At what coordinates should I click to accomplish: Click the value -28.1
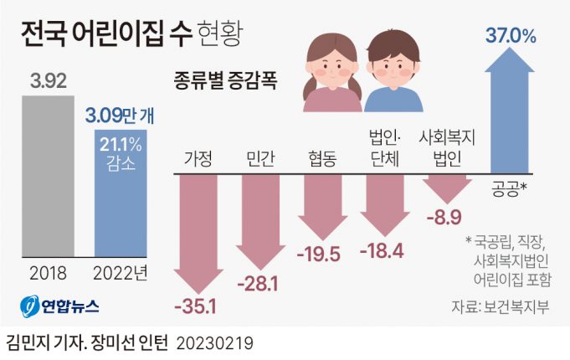pos(261,285)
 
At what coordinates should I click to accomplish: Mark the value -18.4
pos(382,250)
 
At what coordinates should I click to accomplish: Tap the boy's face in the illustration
pos(393,61)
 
